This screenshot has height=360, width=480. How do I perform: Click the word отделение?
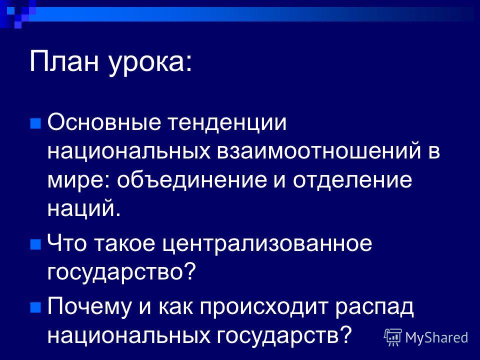click(352, 181)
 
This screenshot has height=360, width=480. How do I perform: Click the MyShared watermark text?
click(436, 337)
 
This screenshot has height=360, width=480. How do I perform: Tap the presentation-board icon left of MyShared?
click(393, 337)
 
